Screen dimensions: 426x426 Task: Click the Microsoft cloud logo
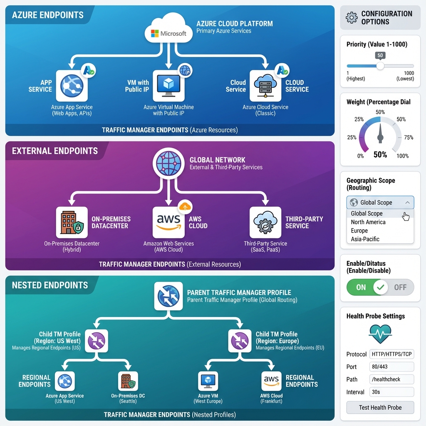(x=168, y=32)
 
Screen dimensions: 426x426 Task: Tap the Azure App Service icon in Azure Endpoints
(x=72, y=86)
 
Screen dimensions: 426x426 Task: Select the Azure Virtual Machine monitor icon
(x=168, y=86)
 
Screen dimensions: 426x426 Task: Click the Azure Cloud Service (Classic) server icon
(x=265, y=86)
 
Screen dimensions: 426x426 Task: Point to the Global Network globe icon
(x=168, y=163)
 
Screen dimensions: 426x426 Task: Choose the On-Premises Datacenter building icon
(x=72, y=223)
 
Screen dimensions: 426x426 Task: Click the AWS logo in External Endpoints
(x=168, y=223)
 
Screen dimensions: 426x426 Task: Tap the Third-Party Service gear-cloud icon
(x=265, y=223)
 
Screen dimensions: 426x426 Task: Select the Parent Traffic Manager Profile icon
(x=168, y=296)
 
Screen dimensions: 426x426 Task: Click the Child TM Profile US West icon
(x=97, y=341)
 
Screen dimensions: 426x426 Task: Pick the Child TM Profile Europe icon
(x=240, y=341)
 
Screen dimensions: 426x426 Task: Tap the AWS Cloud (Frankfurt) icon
(x=271, y=381)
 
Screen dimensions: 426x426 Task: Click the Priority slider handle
(x=380, y=66)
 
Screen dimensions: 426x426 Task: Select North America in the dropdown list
(x=368, y=222)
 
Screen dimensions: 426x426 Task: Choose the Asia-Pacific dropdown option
(x=365, y=239)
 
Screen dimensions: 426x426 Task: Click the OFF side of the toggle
(x=400, y=287)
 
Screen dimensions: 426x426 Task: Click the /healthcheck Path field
(x=391, y=379)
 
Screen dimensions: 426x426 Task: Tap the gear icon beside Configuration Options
(x=352, y=17)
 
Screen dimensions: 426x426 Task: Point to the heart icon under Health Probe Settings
(x=380, y=334)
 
